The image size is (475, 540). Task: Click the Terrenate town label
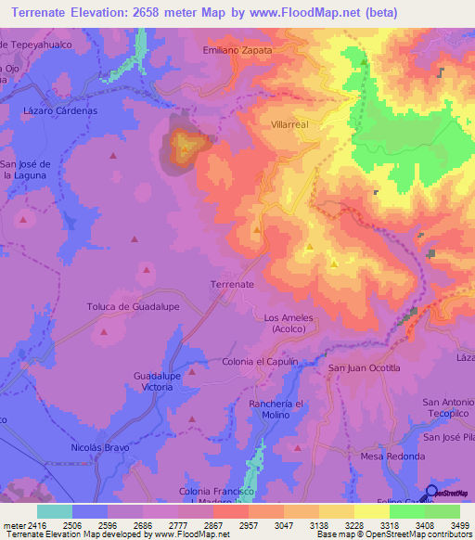(232, 284)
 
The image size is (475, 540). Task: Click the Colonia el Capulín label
(260, 362)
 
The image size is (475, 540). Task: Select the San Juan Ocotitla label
(365, 368)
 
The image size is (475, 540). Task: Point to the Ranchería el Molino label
(277, 411)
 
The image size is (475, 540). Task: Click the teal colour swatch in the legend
(55, 511)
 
